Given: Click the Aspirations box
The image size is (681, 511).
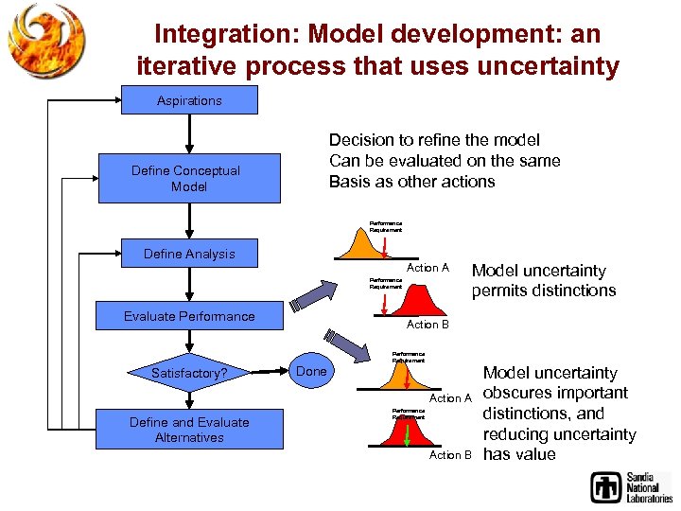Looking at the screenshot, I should click(189, 100).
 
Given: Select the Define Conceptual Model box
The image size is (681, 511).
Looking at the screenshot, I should click(189, 178).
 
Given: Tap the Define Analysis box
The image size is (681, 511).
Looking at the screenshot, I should click(189, 254).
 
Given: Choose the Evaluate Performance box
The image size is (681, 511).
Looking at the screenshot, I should click(189, 316).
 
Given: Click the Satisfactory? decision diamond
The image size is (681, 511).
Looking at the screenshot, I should click(189, 373).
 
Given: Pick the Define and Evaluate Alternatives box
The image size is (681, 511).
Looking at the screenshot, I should click(189, 430).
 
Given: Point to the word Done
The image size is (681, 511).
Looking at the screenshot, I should click(311, 371).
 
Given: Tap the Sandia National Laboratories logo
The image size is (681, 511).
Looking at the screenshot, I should click(631, 485).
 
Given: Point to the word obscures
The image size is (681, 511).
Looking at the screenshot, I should click(520, 393).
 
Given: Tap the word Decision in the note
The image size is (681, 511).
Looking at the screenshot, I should click(360, 141).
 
